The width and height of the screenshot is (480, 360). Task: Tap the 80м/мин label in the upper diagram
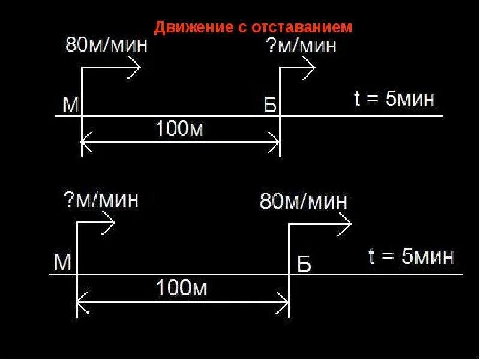tap(106, 46)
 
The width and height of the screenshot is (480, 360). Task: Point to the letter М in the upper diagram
tap(71, 106)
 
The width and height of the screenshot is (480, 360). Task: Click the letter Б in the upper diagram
tap(271, 107)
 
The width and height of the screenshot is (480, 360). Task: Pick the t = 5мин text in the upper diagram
tap(394, 99)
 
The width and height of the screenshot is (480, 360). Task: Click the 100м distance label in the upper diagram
tap(179, 128)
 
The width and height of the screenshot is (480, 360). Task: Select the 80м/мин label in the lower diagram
tap(304, 201)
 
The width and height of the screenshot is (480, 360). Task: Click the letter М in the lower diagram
tap(62, 262)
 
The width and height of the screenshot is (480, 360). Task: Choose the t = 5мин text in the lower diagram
tap(410, 257)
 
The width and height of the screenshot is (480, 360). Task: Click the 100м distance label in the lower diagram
tap(182, 289)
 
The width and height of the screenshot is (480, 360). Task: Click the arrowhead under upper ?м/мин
tap(310, 67)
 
